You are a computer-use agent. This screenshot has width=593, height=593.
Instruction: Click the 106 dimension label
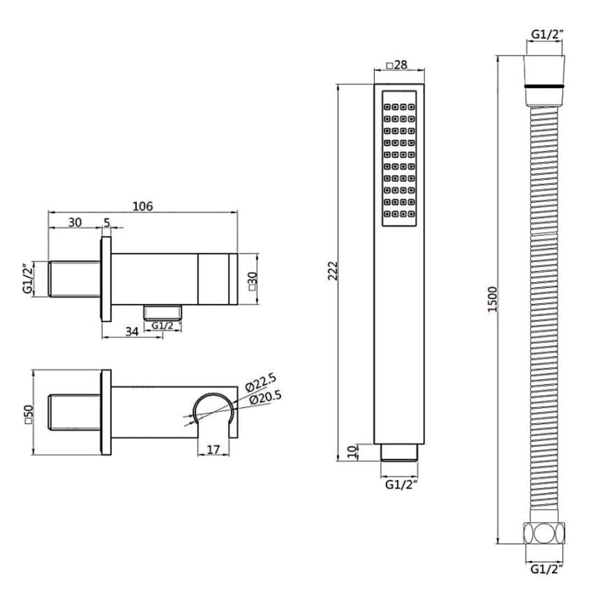[x=143, y=206]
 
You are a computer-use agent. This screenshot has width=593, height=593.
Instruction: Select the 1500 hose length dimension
[x=493, y=299]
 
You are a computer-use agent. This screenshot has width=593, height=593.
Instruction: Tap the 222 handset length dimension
[x=332, y=270]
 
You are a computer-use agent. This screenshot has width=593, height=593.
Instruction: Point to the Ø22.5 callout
[x=261, y=382]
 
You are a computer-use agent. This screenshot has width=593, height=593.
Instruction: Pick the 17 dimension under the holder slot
[x=213, y=450]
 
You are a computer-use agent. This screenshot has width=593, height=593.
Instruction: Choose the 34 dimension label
[x=132, y=332]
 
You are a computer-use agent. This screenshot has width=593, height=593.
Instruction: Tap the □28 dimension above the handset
[x=397, y=65]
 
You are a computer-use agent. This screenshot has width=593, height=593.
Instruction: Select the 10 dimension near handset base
[x=352, y=451]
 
